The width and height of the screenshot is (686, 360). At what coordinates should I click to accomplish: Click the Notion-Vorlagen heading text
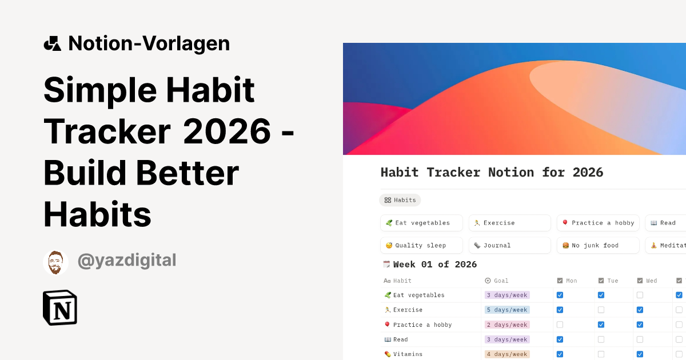(149, 43)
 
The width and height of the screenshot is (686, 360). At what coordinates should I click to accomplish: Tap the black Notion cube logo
(60, 307)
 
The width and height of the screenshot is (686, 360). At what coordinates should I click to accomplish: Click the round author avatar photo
(55, 262)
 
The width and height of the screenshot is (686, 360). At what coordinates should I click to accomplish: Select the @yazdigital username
(127, 261)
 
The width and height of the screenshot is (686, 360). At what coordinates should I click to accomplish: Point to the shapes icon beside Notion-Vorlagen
(52, 43)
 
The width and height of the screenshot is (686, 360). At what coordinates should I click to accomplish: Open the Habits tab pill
(400, 200)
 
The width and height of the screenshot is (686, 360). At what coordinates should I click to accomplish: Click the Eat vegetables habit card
(421, 223)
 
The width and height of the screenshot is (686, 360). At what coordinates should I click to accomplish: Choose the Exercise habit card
(509, 223)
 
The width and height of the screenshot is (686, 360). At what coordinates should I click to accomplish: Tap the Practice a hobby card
(598, 223)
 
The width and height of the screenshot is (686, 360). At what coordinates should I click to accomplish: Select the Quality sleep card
(421, 245)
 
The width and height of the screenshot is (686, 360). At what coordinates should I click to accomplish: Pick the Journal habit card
(509, 245)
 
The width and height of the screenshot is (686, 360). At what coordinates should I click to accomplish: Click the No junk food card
(598, 245)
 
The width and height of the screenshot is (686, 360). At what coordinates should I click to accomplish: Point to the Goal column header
(501, 281)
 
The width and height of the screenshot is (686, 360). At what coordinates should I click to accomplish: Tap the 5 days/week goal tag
(507, 310)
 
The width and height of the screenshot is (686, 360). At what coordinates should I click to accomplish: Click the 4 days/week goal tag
(507, 354)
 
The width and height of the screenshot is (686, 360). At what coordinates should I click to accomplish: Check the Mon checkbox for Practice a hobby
(560, 325)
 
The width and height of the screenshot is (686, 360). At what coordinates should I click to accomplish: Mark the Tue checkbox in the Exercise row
(601, 310)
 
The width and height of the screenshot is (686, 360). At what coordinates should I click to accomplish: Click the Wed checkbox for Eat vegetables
(640, 295)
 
